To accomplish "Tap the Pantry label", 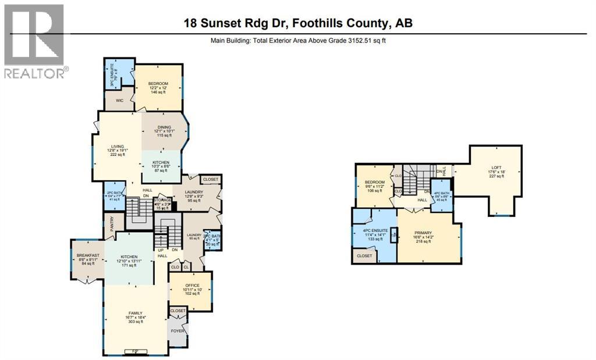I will pos(112,224).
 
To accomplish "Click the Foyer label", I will pos(177,332).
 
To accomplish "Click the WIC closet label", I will pos(120,100).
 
